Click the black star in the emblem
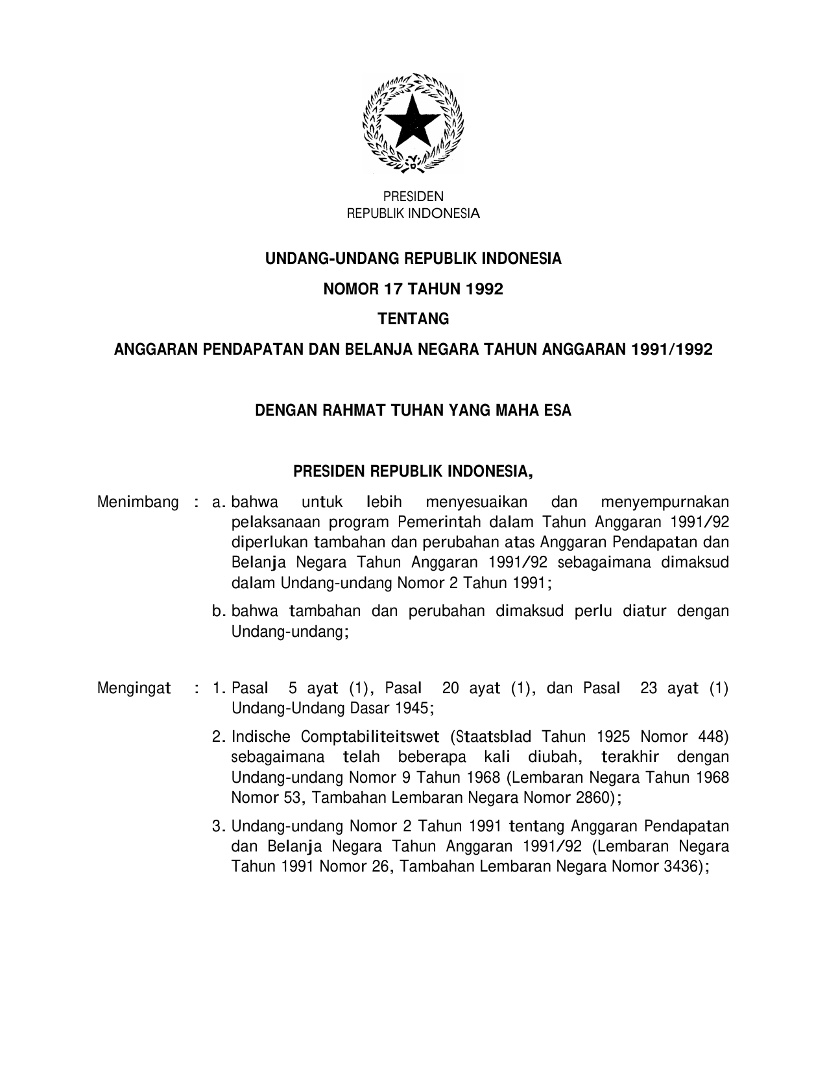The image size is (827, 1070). [413, 121]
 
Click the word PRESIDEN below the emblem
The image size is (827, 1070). [413, 196]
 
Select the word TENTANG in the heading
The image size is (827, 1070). [413, 319]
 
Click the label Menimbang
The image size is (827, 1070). [138, 502]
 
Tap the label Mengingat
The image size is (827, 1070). [134, 687]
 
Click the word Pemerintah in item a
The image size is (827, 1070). [438, 522]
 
